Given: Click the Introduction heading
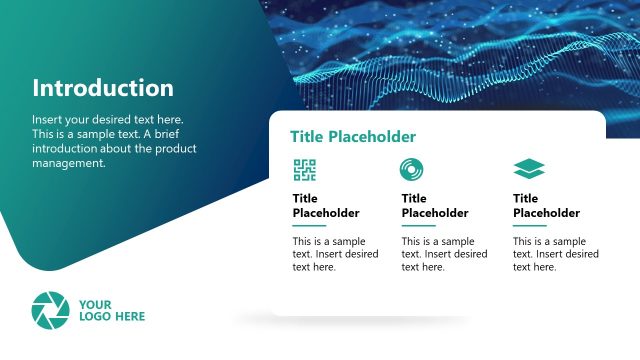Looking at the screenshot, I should click(103, 88).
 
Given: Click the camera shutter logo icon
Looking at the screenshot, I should click(50, 310).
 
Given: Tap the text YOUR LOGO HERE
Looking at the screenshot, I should click(112, 310).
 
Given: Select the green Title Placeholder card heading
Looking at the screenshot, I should click(352, 137).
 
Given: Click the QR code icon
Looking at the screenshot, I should click(304, 169).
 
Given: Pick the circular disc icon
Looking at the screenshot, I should click(411, 169).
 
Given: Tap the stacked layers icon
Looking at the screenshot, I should click(528, 169).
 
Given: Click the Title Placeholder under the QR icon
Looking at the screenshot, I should click(326, 206).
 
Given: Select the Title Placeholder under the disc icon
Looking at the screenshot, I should click(435, 206).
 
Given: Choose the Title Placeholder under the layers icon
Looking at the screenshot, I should click(546, 206).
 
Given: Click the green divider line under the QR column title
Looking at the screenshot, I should click(309, 226).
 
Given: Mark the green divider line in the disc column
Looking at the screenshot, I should click(418, 226).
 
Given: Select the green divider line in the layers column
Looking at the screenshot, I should click(529, 226).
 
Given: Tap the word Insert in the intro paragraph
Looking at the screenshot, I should click(47, 119).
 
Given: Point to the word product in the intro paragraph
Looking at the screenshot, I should click(176, 149).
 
